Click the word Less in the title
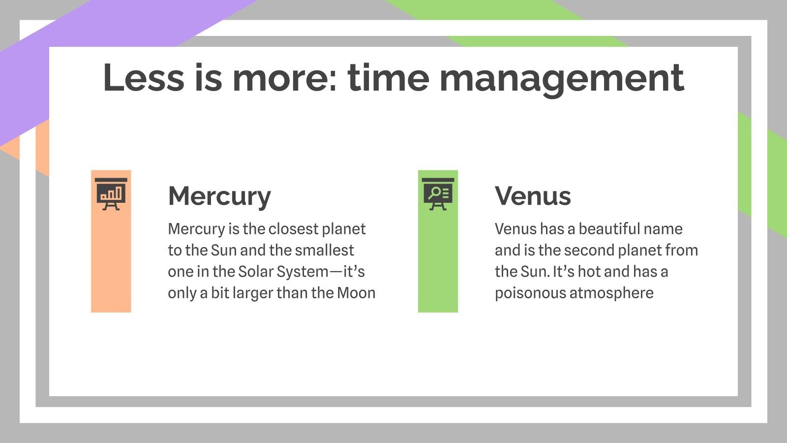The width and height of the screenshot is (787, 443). [144, 78]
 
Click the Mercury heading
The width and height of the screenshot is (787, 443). [219, 196]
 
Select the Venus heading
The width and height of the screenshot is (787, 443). [533, 196]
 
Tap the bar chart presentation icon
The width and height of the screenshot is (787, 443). [111, 193]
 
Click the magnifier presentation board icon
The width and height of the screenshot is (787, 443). [438, 193]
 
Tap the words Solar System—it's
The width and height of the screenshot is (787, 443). [301, 272]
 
